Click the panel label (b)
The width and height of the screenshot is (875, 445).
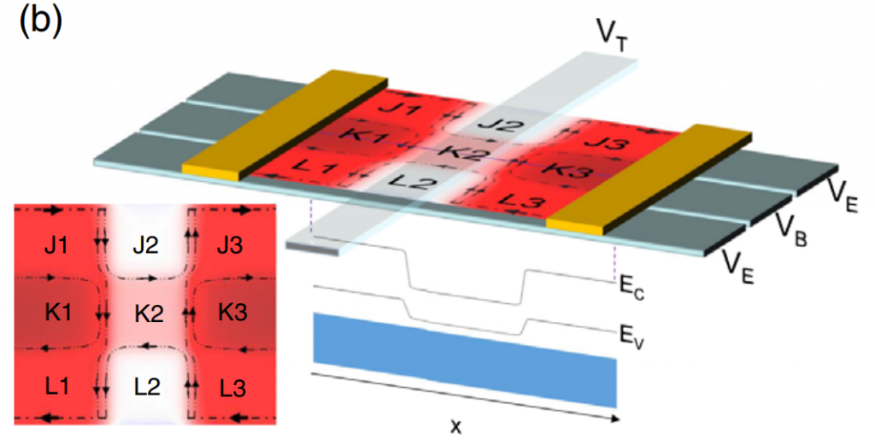(40, 22)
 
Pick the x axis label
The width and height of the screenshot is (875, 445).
(456, 427)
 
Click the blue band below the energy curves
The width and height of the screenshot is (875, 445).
(465, 360)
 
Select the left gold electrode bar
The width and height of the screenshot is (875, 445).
(285, 125)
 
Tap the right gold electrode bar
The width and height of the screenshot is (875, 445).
(649, 180)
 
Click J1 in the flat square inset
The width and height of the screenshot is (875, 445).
(56, 245)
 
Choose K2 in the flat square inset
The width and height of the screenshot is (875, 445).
(149, 314)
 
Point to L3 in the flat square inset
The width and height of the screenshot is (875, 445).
(232, 388)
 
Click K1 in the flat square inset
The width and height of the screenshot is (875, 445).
(59, 313)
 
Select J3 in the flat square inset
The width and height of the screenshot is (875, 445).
(231, 245)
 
